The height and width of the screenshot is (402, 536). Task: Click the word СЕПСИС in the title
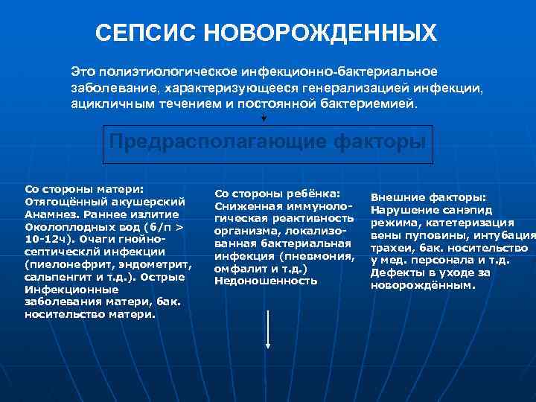(147, 33)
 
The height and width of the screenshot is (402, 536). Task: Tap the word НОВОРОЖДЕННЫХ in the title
(320, 33)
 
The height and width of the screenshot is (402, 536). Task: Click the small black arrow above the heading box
(264, 117)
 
